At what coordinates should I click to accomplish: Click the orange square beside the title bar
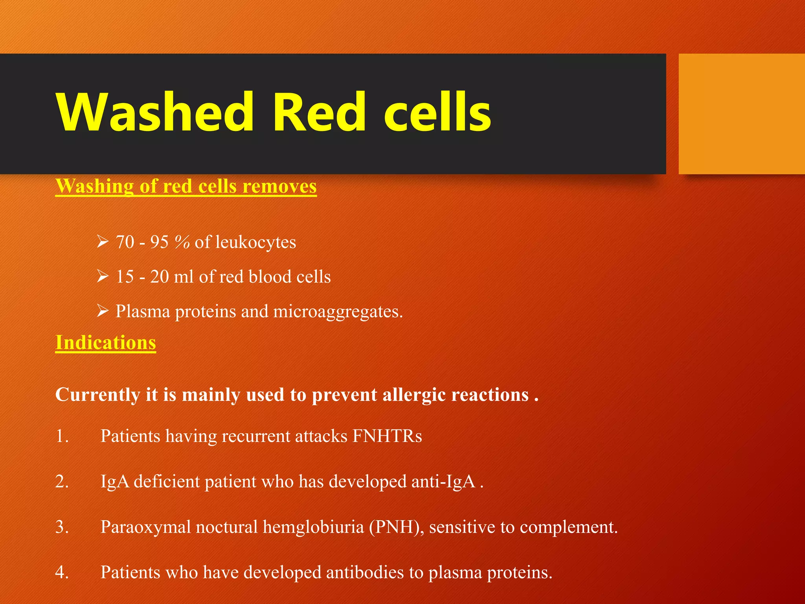[x=741, y=114]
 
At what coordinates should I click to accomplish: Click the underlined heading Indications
[x=105, y=343]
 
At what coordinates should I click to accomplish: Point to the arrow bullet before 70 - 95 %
[x=103, y=241]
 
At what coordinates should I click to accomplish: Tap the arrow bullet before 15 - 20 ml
[x=103, y=276]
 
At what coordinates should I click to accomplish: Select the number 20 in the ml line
[x=159, y=277]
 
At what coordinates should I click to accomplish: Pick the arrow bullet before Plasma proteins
[x=103, y=311]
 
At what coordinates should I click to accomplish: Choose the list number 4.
[x=62, y=573]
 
